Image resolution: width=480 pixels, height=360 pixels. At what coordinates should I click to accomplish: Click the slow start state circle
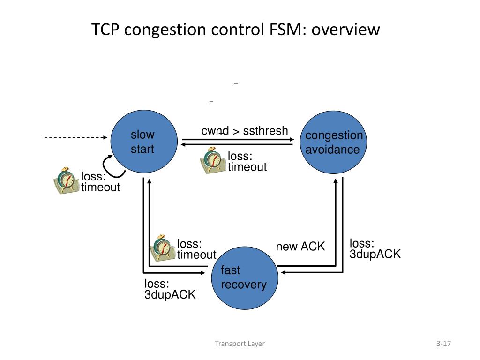coord(144,142)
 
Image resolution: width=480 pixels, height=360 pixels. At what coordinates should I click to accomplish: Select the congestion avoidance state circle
coord(333,142)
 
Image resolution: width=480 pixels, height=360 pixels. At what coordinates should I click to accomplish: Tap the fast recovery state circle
coord(245,278)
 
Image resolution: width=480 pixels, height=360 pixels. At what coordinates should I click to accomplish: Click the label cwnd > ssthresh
coord(245,131)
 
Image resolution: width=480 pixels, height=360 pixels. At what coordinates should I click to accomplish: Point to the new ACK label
coord(300,247)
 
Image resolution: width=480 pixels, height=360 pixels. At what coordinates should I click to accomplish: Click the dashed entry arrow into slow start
coord(75,137)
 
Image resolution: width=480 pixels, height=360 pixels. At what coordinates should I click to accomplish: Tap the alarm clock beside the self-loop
coord(66,180)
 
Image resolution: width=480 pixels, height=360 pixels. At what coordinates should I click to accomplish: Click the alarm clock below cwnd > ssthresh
coord(213,160)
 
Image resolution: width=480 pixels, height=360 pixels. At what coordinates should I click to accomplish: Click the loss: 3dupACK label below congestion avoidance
coord(375,248)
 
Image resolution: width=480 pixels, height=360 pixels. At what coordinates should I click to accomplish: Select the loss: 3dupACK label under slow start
coord(170,289)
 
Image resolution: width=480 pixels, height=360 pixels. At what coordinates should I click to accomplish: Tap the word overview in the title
coord(345,30)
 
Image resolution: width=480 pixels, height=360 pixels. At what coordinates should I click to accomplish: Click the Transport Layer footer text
coord(240,344)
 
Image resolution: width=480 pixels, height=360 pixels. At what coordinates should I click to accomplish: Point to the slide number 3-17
coord(443,344)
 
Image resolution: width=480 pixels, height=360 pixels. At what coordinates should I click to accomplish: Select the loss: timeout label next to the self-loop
coord(101,181)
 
